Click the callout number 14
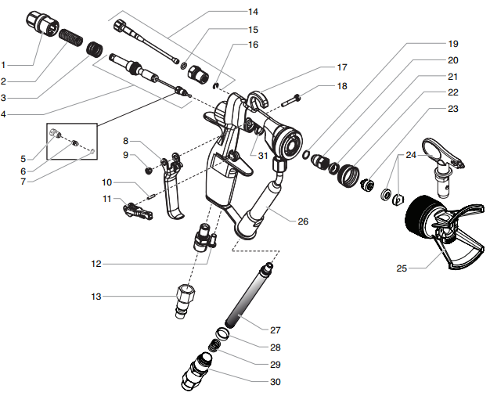click(252, 12)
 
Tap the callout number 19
click(453, 44)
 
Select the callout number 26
click(303, 221)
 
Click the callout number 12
click(95, 265)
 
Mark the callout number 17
click(342, 67)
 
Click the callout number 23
click(453, 109)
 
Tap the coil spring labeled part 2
click(72, 38)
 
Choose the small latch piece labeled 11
click(134, 209)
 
